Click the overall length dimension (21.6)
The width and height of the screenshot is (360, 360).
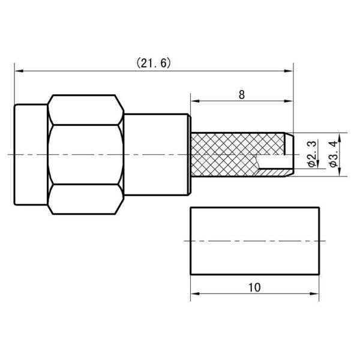153,62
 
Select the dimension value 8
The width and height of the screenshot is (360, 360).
241,94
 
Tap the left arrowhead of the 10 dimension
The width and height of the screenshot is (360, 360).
194,295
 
